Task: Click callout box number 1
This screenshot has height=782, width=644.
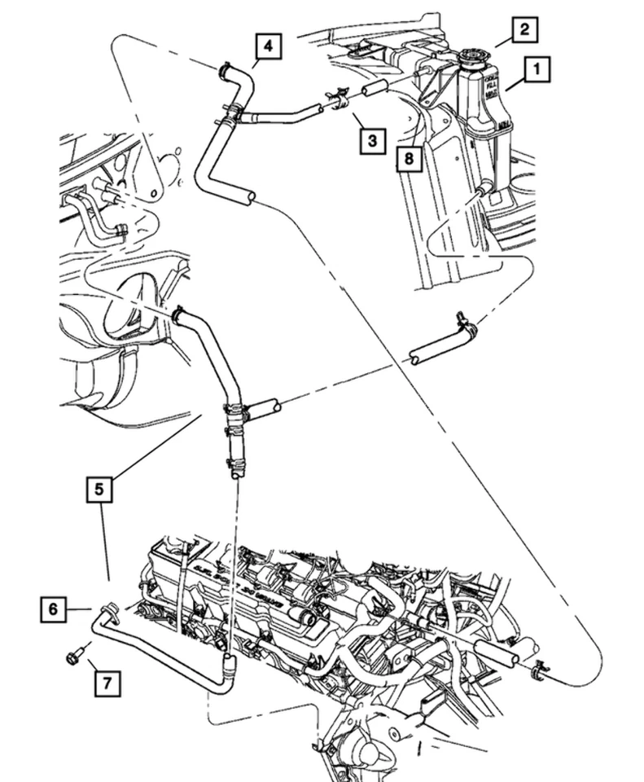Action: click(536, 71)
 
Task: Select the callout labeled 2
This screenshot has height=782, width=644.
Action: click(524, 31)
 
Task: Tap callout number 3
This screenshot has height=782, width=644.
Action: click(372, 141)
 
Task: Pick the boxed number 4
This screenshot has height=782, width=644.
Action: click(268, 46)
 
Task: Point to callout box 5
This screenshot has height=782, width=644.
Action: click(99, 490)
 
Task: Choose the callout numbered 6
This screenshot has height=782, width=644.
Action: click(52, 608)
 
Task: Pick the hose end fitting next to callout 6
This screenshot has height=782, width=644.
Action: click(107, 609)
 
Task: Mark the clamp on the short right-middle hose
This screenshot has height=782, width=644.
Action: click(467, 323)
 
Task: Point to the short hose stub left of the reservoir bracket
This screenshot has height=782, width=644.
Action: click(374, 88)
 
